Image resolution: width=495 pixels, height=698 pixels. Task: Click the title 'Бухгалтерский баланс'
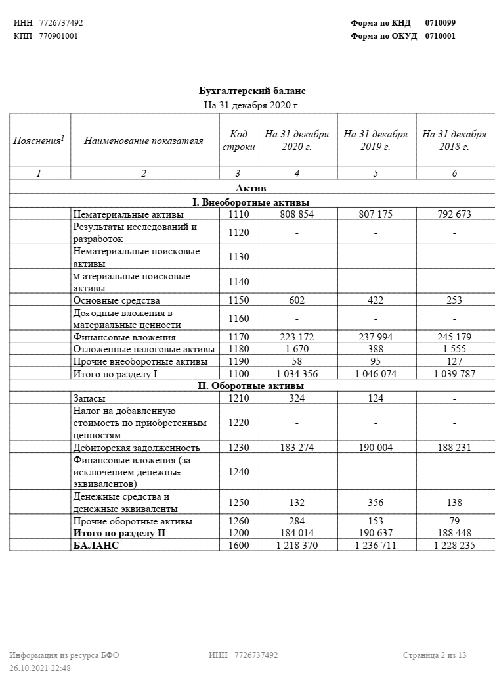click(252, 91)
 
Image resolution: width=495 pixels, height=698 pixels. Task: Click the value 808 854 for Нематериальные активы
click(297, 214)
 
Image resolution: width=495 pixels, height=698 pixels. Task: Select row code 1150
click(239, 300)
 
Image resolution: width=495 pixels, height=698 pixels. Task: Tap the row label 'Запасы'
click(89, 398)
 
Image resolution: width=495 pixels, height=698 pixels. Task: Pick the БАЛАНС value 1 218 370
click(297, 546)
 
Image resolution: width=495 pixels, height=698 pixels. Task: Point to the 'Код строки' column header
click(239, 141)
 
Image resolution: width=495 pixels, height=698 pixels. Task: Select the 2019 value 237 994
click(376, 337)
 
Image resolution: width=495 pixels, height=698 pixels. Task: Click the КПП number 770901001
click(58, 36)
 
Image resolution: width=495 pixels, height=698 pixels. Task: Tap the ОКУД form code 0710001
click(441, 36)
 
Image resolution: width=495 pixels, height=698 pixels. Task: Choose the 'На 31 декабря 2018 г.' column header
click(454, 141)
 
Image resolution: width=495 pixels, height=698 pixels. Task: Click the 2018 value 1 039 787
click(454, 374)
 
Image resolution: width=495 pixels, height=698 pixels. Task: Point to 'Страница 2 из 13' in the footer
click(435, 655)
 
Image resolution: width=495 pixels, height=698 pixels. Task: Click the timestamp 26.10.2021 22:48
click(40, 668)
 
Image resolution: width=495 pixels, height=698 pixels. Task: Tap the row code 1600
click(239, 546)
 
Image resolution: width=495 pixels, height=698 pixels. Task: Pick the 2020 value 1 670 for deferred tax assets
click(297, 349)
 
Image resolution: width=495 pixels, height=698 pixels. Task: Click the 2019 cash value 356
click(376, 503)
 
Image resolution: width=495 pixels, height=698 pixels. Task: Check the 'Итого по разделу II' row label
click(118, 533)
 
